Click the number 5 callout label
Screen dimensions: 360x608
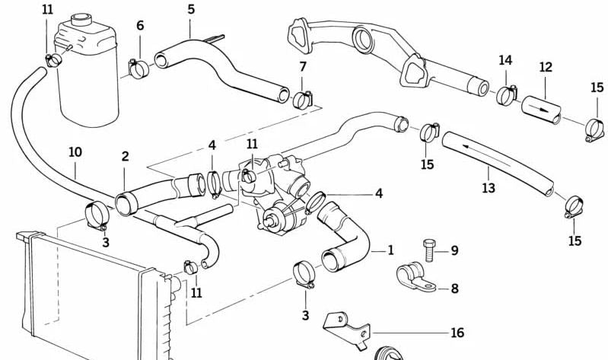190,9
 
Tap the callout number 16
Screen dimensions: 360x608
457,333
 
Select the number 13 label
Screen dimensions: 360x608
489,186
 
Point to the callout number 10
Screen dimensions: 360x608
75,152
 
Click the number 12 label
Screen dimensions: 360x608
546,68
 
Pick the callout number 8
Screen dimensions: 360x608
454,288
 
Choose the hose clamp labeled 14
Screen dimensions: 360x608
506,96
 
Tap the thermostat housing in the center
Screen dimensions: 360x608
270,186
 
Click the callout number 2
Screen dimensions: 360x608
125,157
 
